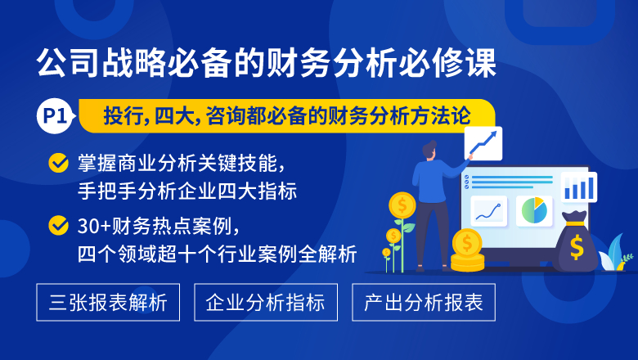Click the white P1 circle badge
pos(55,116)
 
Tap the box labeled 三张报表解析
pos(108,302)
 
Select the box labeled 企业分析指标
pos(266,302)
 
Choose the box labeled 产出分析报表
pos(424,302)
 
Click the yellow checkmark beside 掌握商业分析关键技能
pos(59,163)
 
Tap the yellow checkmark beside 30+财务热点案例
pos(59,225)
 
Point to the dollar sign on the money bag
pos(577,247)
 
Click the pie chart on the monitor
pos(534,210)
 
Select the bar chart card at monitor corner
pos(579,187)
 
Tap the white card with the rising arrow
pos(483,143)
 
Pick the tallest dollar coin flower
pos(402,205)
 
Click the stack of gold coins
pos(467,250)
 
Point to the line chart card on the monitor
pos(488,211)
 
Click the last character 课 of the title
pos(481,63)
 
